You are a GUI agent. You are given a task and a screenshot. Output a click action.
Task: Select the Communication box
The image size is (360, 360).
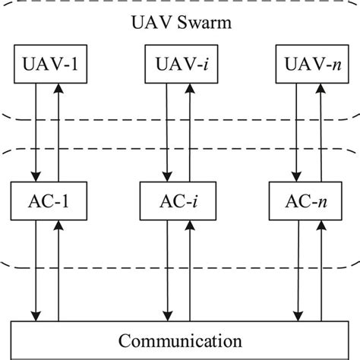coord(180,339)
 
